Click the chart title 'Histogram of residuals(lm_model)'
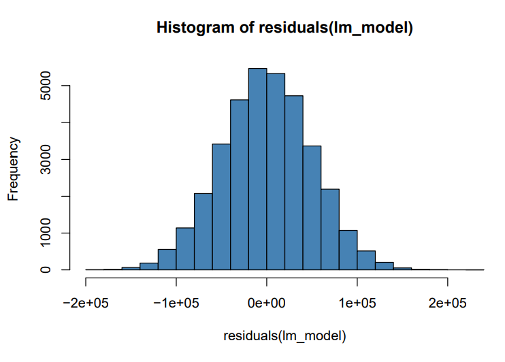coord(285,28)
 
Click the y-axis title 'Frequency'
coord(14,169)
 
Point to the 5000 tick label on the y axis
coord(47,86)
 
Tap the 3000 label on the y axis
coord(47,160)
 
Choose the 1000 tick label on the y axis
coord(47,233)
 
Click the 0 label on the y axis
coord(47,270)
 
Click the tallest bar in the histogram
coord(257,170)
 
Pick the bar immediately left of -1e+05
coord(167,260)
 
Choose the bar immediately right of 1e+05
coord(366,261)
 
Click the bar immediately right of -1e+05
coord(185,249)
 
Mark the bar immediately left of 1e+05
coord(348,250)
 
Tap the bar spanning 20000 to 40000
coord(294,184)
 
